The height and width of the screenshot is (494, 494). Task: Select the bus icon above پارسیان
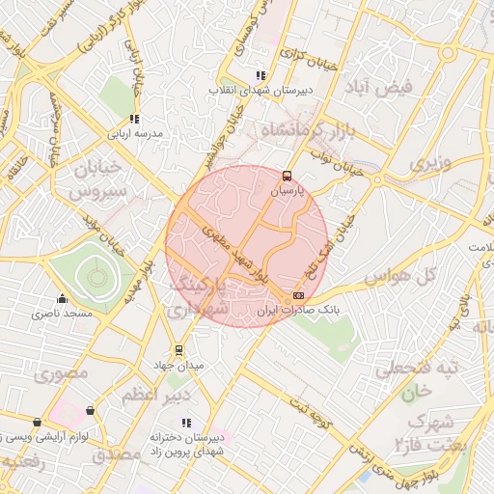(287, 176)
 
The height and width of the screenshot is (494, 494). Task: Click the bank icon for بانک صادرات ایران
(298, 295)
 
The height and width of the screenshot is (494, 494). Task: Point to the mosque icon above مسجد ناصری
(63, 299)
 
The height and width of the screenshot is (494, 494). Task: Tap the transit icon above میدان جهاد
(178, 350)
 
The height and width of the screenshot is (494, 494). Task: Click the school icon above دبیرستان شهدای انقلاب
(261, 74)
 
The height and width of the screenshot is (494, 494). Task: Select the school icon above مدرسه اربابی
(134, 118)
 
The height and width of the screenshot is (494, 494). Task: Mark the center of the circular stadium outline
(96, 279)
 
